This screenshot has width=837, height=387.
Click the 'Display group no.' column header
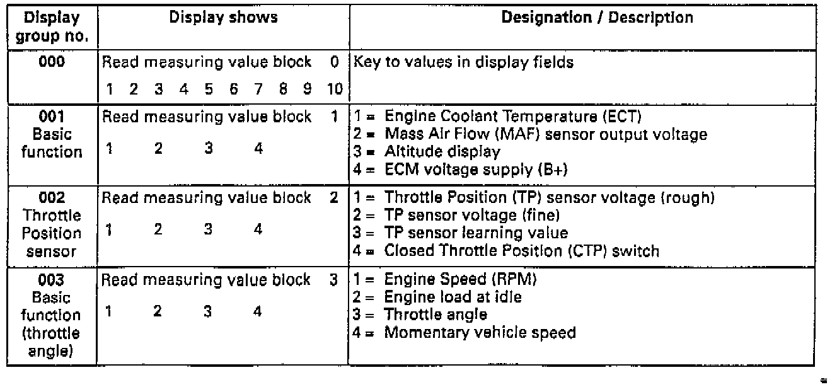pos(52,27)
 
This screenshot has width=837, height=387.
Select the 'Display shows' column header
pos(223,18)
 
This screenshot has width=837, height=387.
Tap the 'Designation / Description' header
pos(596,18)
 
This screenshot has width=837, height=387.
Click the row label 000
pos(52,62)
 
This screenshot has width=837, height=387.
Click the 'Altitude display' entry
pos(442,151)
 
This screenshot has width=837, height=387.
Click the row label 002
pos(52,198)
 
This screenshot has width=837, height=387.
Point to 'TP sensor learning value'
pos(476,233)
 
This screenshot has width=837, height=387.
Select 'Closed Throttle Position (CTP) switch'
pos(522,250)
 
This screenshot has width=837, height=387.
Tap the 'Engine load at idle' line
pos(453,296)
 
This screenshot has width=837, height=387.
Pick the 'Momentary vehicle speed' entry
pos(480,332)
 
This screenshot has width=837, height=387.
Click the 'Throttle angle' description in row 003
pos(436,314)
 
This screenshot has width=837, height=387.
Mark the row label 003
pos(52,279)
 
